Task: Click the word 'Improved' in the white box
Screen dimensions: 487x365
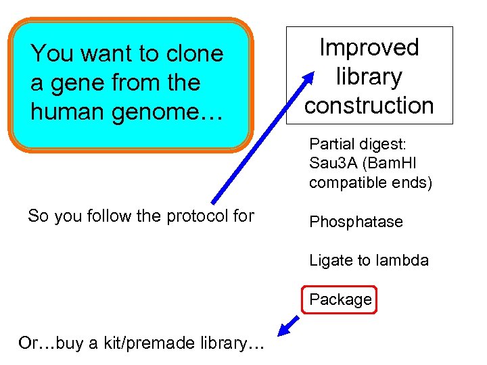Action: click(369, 47)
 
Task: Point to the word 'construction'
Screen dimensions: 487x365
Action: click(369, 105)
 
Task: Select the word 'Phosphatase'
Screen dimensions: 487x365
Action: click(356, 222)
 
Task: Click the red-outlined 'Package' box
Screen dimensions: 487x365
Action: click(341, 299)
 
